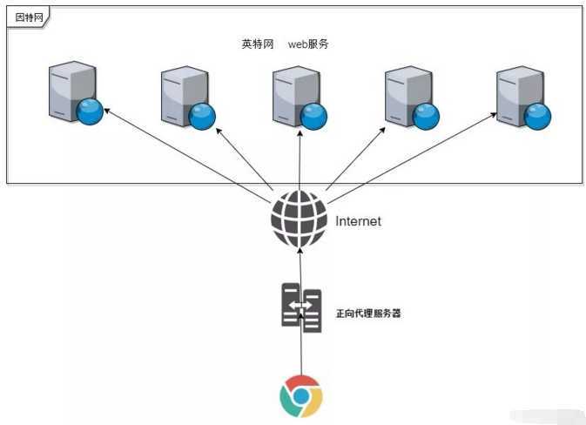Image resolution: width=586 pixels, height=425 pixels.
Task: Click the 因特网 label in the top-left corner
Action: [27, 17]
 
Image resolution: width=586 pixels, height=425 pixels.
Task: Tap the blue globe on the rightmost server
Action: [537, 115]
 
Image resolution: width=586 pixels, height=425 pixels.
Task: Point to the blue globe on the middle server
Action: [313, 115]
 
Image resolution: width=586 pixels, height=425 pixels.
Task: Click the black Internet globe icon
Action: [299, 219]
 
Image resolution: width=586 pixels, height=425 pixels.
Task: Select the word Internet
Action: [358, 221]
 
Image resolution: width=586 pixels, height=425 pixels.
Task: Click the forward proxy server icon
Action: [301, 307]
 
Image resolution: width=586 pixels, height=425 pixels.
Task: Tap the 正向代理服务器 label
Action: [367, 313]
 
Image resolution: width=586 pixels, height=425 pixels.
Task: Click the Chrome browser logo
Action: [300, 396]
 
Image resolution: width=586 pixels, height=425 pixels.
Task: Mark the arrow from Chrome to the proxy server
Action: [301, 353]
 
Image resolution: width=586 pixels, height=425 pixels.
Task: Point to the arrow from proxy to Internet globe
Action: [300, 266]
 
